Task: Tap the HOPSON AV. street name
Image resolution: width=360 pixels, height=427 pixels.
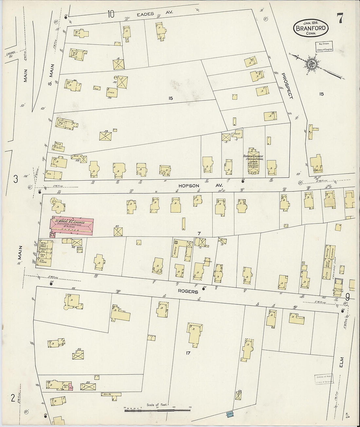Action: pos(200,186)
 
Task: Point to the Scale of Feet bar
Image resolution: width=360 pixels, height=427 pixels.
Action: pos(157,409)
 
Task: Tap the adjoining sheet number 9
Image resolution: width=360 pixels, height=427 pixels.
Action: pos(347,297)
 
